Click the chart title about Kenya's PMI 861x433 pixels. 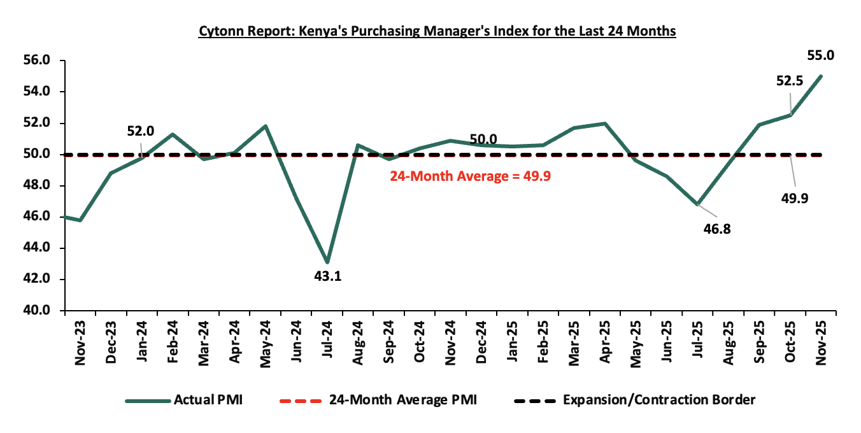point(437,31)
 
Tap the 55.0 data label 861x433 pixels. point(822,55)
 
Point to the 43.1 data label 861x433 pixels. point(327,276)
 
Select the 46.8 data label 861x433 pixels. point(717,229)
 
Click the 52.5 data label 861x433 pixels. point(789,80)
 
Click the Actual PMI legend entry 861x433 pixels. point(207,400)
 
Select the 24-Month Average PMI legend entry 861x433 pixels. point(402,400)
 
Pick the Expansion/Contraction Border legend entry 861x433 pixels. point(659,400)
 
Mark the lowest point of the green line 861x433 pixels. point(327,262)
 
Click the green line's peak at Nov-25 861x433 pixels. point(820,76)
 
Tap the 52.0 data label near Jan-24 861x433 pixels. point(141,131)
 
